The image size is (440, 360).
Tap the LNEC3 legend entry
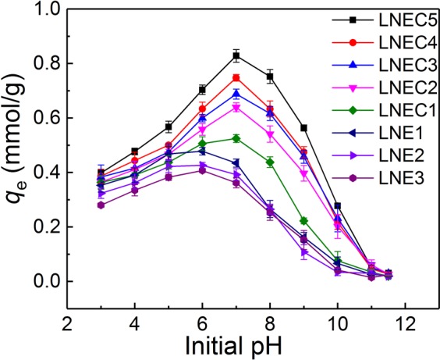pyautogui.click(x=387, y=61)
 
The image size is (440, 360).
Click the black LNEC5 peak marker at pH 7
pyautogui.click(x=236, y=55)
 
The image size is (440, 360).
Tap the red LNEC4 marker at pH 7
pyautogui.click(x=236, y=78)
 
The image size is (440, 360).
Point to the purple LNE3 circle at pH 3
pyautogui.click(x=101, y=205)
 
